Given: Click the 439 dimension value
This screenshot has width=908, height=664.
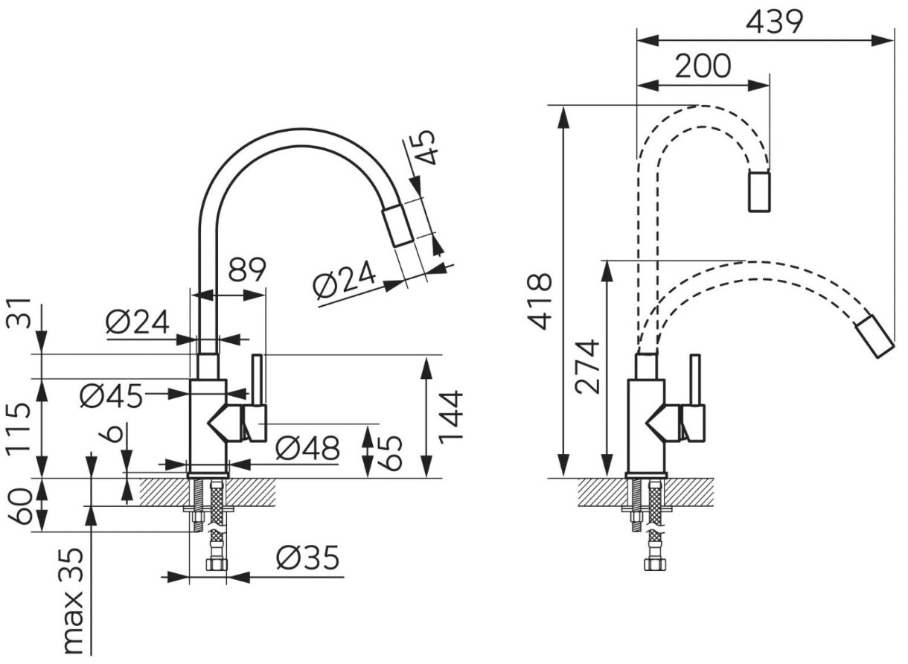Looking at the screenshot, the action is pyautogui.click(x=774, y=22).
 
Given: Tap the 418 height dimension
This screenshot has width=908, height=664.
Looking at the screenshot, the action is pyautogui.click(x=540, y=301).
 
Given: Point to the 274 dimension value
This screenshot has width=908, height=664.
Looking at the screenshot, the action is pyautogui.click(x=587, y=367).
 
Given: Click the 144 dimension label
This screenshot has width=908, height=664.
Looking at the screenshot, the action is pyautogui.click(x=450, y=415).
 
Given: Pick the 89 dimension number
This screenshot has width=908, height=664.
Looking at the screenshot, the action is pyautogui.click(x=247, y=269).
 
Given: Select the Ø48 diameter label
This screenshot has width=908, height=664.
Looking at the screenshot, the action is pyautogui.click(x=307, y=448).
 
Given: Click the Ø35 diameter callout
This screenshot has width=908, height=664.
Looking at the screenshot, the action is pyautogui.click(x=307, y=558).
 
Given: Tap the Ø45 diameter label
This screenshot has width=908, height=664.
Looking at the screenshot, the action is pyautogui.click(x=112, y=395).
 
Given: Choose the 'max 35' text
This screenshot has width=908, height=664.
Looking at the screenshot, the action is pyautogui.click(x=74, y=607).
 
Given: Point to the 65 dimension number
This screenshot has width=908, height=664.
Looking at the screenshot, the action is pyautogui.click(x=389, y=453).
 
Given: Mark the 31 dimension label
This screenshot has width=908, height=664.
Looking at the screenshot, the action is pyautogui.click(x=19, y=313).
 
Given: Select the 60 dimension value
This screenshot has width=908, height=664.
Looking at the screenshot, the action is pyautogui.click(x=19, y=506).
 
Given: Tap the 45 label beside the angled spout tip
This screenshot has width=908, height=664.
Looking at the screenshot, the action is pyautogui.click(x=425, y=147).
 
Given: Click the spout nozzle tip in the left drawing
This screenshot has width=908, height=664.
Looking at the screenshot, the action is pyautogui.click(x=397, y=226).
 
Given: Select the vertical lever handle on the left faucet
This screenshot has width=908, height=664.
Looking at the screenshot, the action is pyautogui.click(x=257, y=380).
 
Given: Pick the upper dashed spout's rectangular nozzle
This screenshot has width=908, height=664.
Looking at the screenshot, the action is pyautogui.click(x=759, y=192).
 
